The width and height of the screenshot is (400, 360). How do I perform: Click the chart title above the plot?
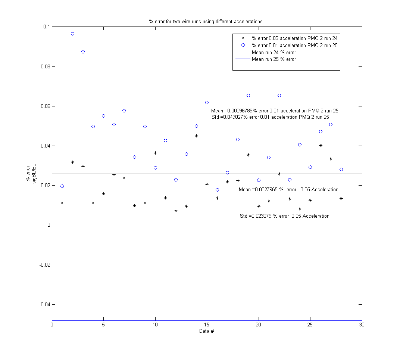[206, 21]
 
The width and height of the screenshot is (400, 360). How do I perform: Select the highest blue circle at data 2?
[72, 34]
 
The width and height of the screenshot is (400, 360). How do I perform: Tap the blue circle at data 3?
[83, 52]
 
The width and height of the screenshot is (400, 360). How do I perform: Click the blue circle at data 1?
[62, 186]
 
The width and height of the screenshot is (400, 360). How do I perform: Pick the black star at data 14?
[196, 136]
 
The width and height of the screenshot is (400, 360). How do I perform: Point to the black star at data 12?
[176, 211]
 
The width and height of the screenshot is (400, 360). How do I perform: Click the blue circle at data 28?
[341, 169]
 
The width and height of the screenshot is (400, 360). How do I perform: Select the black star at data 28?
[341, 198]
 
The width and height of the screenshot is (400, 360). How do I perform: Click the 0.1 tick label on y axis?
[46, 27]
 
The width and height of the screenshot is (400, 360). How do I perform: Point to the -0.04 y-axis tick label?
[44, 305]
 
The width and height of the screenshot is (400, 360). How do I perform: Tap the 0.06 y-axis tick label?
[45, 106]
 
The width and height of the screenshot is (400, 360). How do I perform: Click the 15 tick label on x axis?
[207, 325]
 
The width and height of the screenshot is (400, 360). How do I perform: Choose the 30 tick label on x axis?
[362, 325]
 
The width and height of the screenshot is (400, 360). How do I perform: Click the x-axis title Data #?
[206, 331]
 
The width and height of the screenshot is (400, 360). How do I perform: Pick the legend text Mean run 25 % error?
[274, 59]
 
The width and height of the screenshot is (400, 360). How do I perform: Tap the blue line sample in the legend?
[243, 66]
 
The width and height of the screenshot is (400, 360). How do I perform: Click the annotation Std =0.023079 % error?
[284, 216]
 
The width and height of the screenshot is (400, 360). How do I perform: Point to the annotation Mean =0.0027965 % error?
[288, 190]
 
